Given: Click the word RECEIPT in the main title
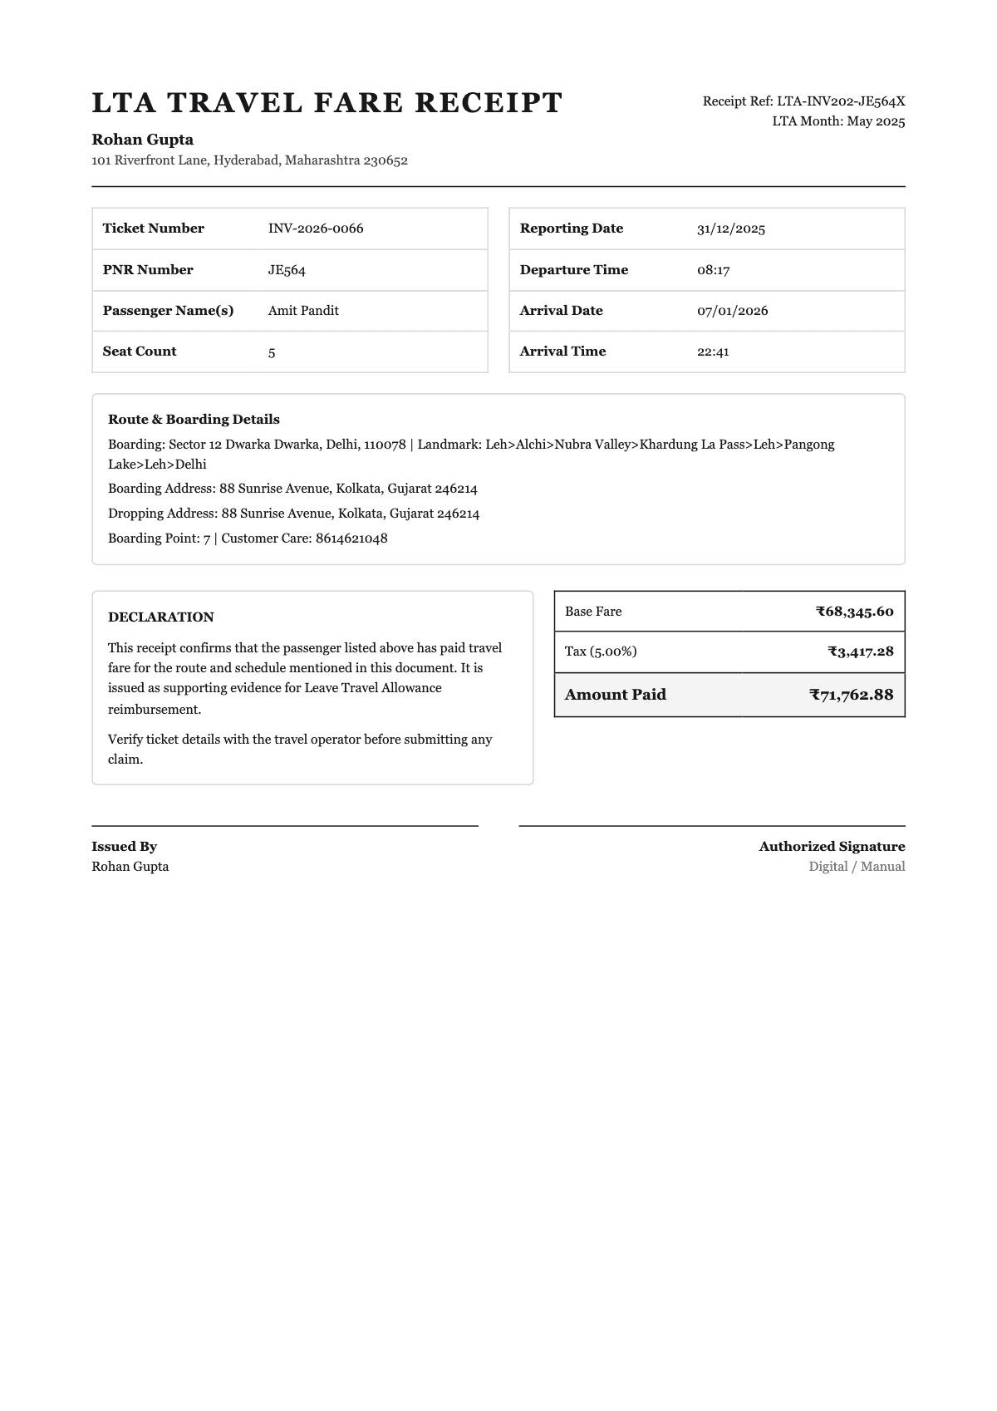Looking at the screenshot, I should [x=489, y=103].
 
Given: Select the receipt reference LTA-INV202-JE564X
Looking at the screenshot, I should [x=840, y=101].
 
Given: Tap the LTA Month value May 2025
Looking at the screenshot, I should [x=876, y=121].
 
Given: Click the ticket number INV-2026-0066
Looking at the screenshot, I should [x=316, y=229].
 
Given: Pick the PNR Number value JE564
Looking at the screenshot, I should [x=287, y=270].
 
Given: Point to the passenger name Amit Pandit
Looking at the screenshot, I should [x=303, y=311].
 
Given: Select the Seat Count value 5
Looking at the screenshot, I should [x=272, y=352].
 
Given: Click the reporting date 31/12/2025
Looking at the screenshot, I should [x=731, y=229].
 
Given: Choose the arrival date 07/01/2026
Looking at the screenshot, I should [x=732, y=311].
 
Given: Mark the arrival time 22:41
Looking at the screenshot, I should [x=713, y=352].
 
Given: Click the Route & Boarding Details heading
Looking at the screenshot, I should [x=194, y=420].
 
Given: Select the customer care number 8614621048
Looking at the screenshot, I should [x=351, y=538].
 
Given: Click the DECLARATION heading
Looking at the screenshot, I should [x=161, y=617].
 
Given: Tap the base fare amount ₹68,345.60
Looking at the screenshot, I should [x=854, y=612].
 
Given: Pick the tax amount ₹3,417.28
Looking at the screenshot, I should [x=860, y=651].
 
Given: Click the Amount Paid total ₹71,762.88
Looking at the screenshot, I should [x=851, y=695].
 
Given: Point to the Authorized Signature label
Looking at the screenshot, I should [x=831, y=847].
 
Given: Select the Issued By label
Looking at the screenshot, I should [x=125, y=847].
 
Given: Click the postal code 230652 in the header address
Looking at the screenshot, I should [x=386, y=160].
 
